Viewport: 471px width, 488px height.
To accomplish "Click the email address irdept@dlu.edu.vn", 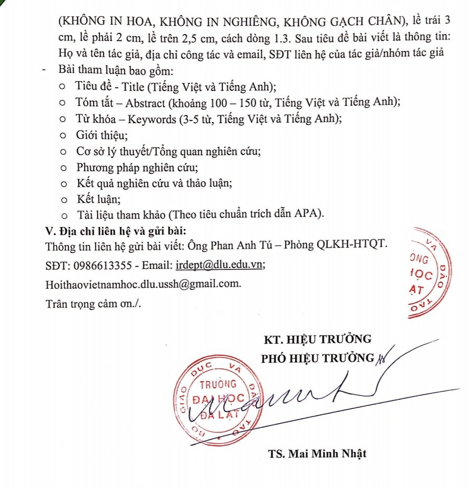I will (x=220, y=265).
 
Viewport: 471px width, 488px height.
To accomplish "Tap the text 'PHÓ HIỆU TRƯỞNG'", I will (x=317, y=358).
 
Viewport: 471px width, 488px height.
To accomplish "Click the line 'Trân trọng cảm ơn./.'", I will (x=93, y=304).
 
